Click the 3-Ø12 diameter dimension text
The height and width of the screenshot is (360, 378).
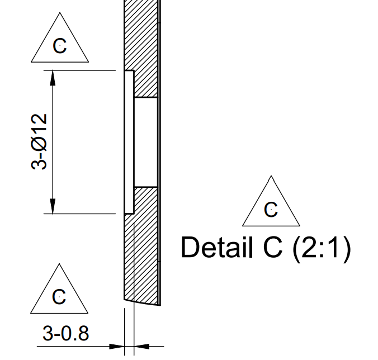[39, 141]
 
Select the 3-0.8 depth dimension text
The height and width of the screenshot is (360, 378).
[66, 334]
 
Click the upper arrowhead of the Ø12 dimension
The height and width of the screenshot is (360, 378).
[53, 78]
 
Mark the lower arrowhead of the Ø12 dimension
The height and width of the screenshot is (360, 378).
[53, 206]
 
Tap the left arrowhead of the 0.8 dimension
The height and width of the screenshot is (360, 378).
[117, 347]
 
